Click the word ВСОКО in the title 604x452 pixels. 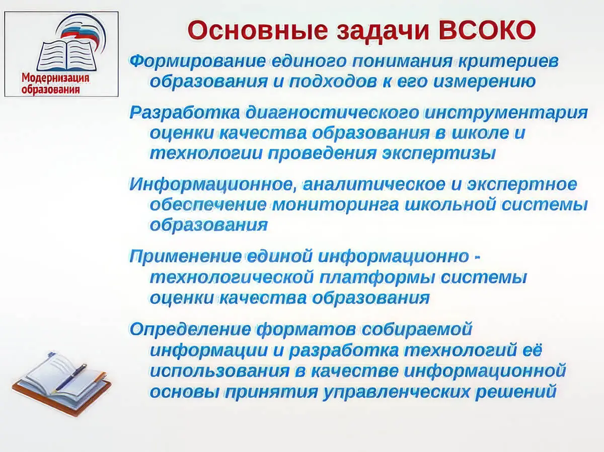tap(487, 30)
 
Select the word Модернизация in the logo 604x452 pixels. tap(55, 78)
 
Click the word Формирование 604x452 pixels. tap(198, 62)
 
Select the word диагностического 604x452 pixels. tap(332, 113)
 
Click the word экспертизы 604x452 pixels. tap(439, 154)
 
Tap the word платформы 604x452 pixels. tap(377, 278)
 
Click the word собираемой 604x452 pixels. tap(417, 329)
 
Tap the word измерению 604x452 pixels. tap(484, 81)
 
